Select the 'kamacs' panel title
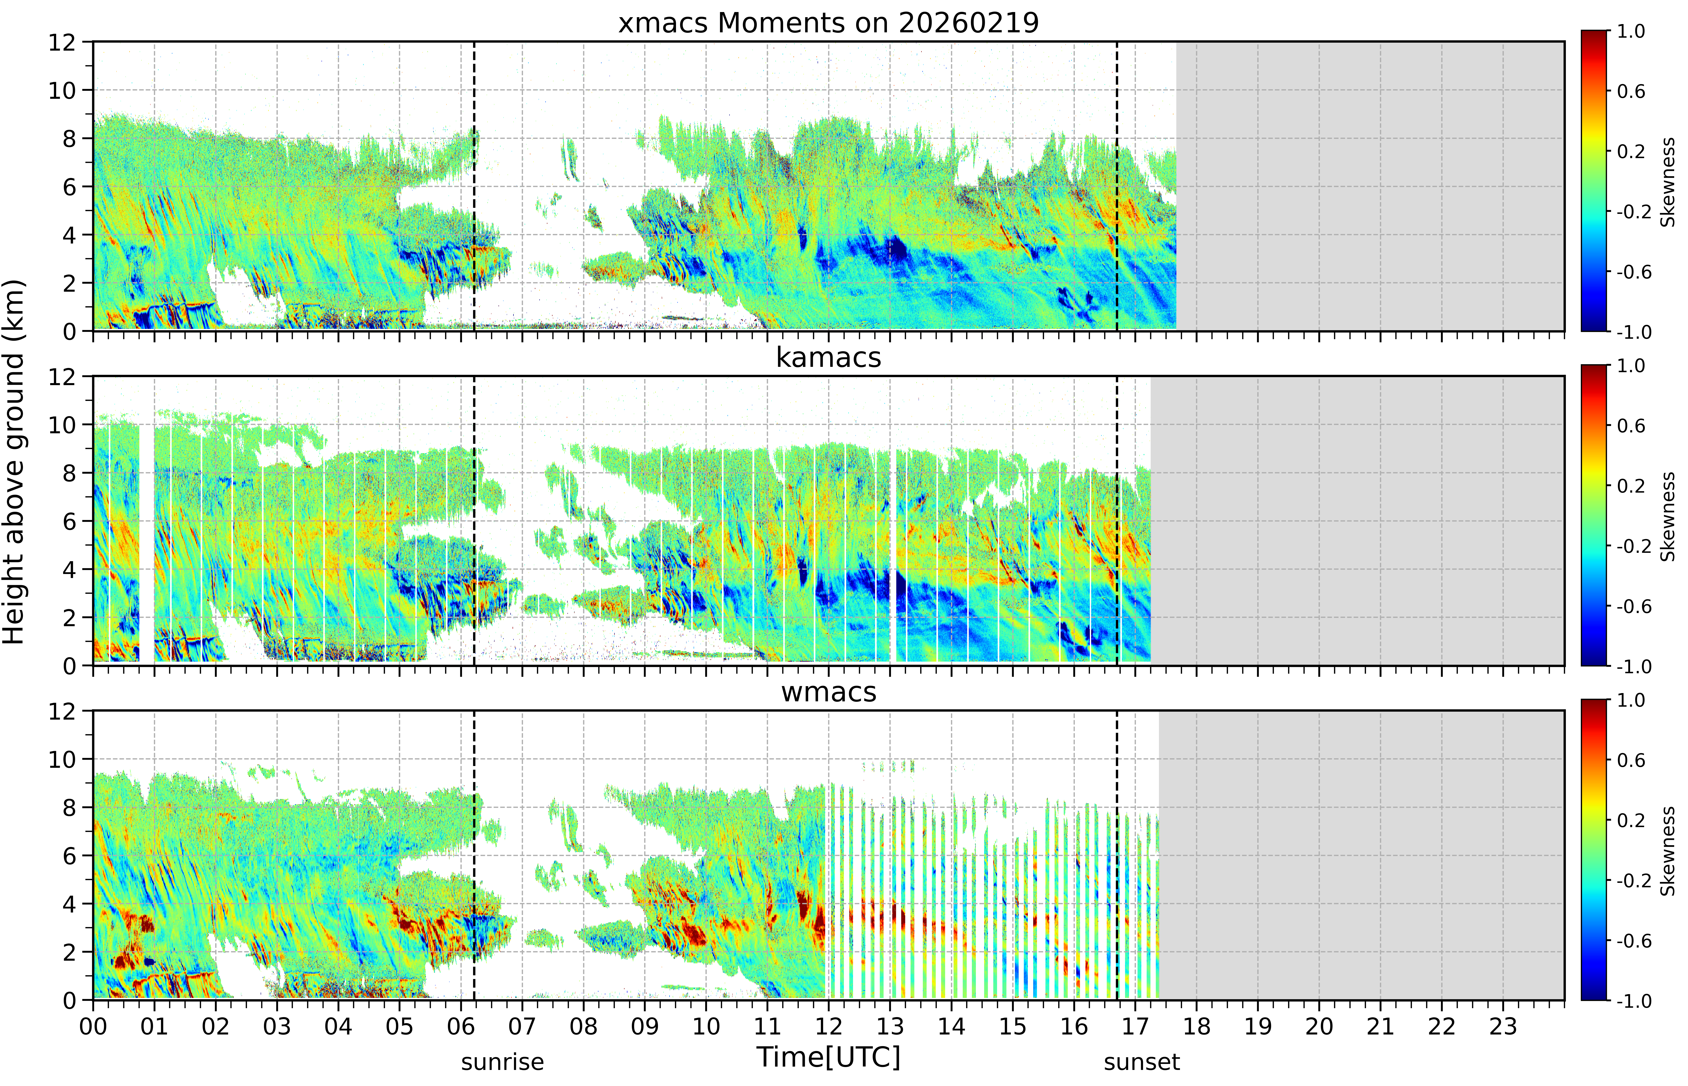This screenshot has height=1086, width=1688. click(829, 357)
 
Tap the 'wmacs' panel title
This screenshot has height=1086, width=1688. click(829, 692)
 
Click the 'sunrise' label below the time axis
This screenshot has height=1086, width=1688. click(503, 1061)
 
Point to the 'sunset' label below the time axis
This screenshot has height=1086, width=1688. click(1142, 1061)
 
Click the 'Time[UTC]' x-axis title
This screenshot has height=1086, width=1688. click(829, 1057)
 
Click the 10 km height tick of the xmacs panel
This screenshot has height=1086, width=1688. click(62, 90)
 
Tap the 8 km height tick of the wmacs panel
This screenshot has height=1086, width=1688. click(69, 807)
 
